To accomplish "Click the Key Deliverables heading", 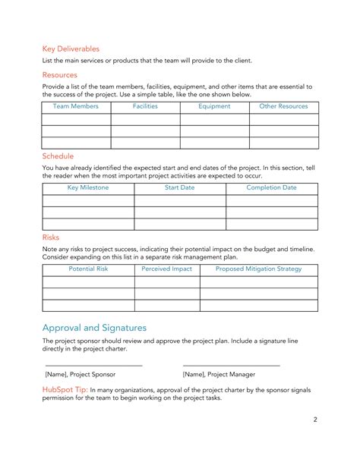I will coord(71,49).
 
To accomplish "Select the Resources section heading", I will coord(59,75).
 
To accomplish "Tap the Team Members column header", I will coord(76,107).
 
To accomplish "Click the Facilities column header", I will coord(145,107).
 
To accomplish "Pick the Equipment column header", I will coord(214,107).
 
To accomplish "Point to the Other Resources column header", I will coord(283,107).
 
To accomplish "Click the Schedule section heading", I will coord(58,156).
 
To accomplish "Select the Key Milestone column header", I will coord(88,187).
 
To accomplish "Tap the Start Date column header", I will coord(180,187).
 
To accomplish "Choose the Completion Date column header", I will coord(271,187).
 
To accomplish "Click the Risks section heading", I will coord(51,237).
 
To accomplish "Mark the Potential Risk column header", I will coord(88,269).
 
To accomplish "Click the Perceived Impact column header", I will coord(167,269).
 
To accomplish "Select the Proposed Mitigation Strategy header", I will coord(258,269).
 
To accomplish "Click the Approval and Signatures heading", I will coord(94,327).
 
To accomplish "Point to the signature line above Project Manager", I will coord(232,366).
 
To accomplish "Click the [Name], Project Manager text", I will coord(219,375).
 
